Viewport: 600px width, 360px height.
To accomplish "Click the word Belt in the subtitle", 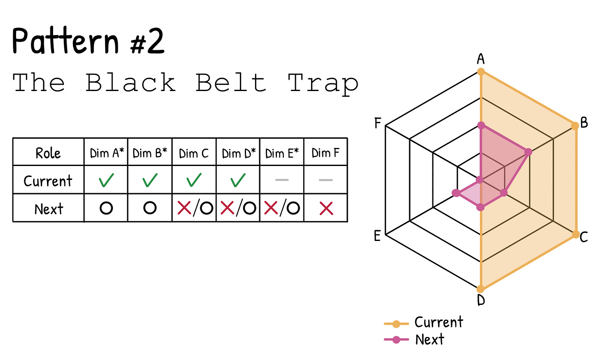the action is tap(231, 83).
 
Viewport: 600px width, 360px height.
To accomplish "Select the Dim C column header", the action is tap(194, 153).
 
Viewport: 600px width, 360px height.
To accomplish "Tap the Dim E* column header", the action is tap(282, 153).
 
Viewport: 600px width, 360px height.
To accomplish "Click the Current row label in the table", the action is tap(48, 181).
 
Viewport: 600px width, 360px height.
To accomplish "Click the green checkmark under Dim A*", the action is tap(106, 180).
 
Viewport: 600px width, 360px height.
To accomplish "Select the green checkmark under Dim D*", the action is tap(238, 180).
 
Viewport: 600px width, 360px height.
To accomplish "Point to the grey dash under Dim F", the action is tap(326, 180).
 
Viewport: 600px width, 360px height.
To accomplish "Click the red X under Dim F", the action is tap(326, 208).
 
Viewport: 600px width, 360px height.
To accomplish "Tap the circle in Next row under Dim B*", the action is tap(150, 208).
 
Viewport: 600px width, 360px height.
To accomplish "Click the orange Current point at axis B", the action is tap(575, 126).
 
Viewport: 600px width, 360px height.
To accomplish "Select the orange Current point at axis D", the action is tap(481, 289).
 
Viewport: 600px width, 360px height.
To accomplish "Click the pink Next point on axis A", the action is tap(481, 125).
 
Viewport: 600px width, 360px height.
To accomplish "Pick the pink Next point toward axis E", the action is tap(456, 193).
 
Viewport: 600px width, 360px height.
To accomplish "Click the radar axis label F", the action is tap(377, 123).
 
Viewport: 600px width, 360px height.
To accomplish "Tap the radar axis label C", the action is tap(584, 237).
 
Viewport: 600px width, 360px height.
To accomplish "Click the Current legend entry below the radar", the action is tap(424, 322).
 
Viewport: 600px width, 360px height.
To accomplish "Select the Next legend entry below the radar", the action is tap(414, 339).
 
